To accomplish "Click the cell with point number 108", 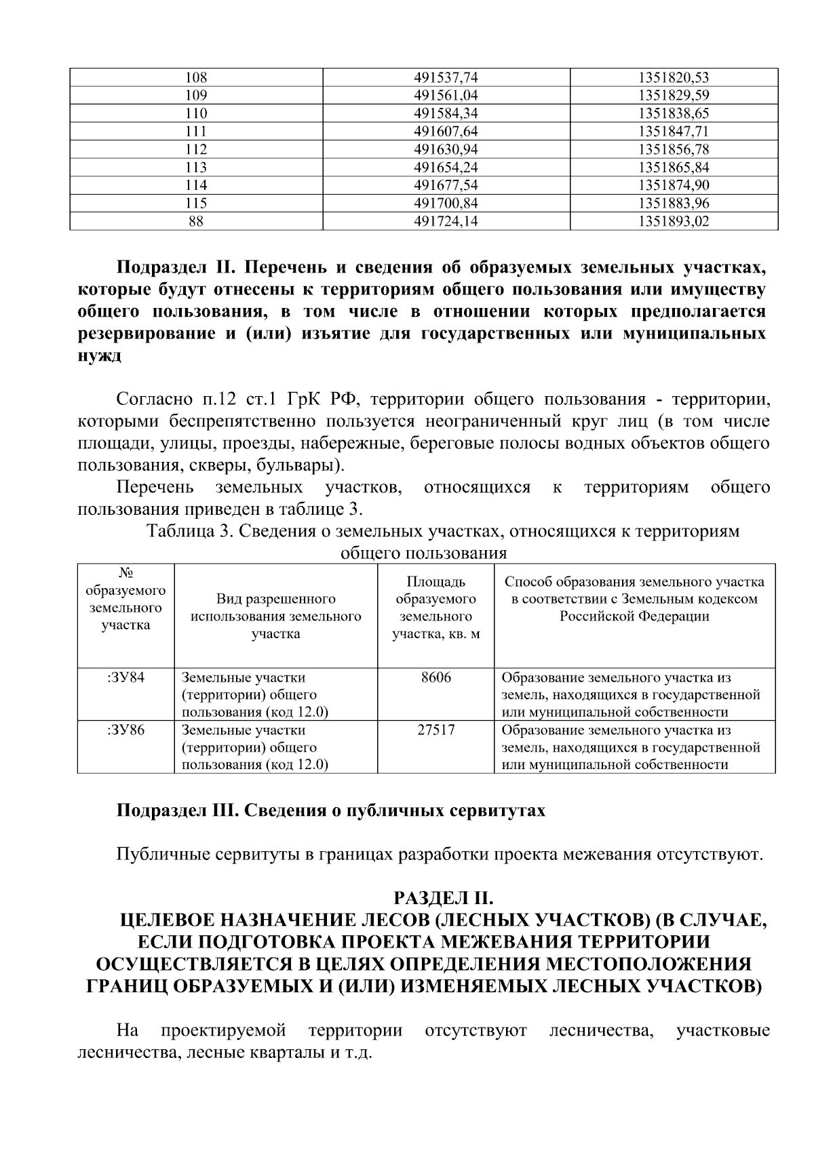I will tap(196, 77).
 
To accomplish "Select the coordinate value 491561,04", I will tap(446, 96).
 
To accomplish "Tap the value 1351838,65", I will tap(674, 113).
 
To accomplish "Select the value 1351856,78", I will tap(674, 149).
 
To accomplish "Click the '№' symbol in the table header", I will tap(125, 573).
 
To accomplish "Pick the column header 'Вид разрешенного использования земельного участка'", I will tap(275, 617).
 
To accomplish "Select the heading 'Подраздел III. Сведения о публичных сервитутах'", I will tap(330, 811).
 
